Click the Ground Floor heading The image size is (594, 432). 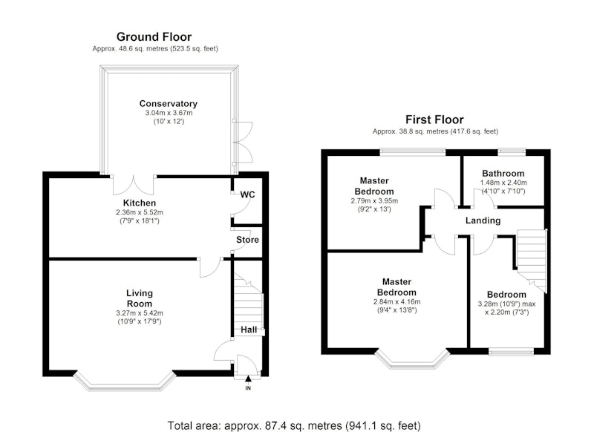(154, 36)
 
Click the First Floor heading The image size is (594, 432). (434, 120)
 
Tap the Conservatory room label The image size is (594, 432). (169, 103)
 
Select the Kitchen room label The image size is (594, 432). (140, 203)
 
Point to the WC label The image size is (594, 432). (247, 194)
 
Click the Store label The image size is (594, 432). (247, 240)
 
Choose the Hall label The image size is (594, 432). (249, 330)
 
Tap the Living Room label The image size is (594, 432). (140, 298)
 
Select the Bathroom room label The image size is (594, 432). (503, 174)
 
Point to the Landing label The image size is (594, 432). (483, 220)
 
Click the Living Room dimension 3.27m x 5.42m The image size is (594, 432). (140, 313)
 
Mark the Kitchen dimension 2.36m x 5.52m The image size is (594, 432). (140, 212)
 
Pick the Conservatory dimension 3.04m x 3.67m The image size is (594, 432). (169, 113)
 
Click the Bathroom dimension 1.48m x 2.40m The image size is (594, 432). (503, 183)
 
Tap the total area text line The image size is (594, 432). (294, 425)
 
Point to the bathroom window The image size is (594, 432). (512, 152)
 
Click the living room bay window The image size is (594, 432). (125, 387)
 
